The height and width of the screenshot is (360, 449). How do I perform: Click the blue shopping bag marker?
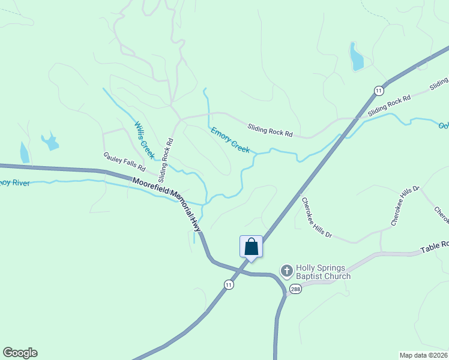tap(251, 247)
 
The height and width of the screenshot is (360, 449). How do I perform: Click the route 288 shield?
tap(295, 289)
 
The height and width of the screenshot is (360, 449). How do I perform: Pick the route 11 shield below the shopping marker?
tap(228, 285)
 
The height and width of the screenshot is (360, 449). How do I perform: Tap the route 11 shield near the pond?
tap(378, 91)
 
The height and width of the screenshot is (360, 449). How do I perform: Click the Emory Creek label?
tap(230, 139)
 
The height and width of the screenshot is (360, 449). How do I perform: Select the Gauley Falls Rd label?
tap(124, 160)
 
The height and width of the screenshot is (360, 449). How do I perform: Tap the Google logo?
tap(20, 353)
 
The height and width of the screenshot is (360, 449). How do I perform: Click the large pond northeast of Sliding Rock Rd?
tap(357, 57)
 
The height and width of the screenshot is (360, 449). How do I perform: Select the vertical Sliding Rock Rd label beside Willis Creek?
tap(166, 160)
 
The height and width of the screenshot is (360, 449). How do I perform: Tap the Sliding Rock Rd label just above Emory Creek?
tap(270, 129)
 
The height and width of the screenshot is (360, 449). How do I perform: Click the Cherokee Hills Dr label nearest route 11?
tap(316, 217)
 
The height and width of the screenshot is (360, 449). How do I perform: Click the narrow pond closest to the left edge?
tap(24, 152)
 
